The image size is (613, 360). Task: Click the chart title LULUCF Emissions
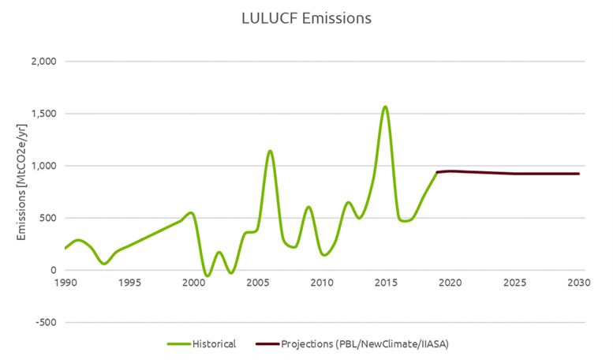coord(306,18)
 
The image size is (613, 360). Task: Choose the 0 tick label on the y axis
coord(52,271)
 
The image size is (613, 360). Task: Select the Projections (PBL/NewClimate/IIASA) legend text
coord(364,344)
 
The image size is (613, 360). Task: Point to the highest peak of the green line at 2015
coord(385,107)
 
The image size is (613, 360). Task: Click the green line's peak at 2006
coord(270,151)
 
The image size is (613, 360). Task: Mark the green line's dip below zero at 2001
coord(206,276)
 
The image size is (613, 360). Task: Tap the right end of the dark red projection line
coord(578,174)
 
